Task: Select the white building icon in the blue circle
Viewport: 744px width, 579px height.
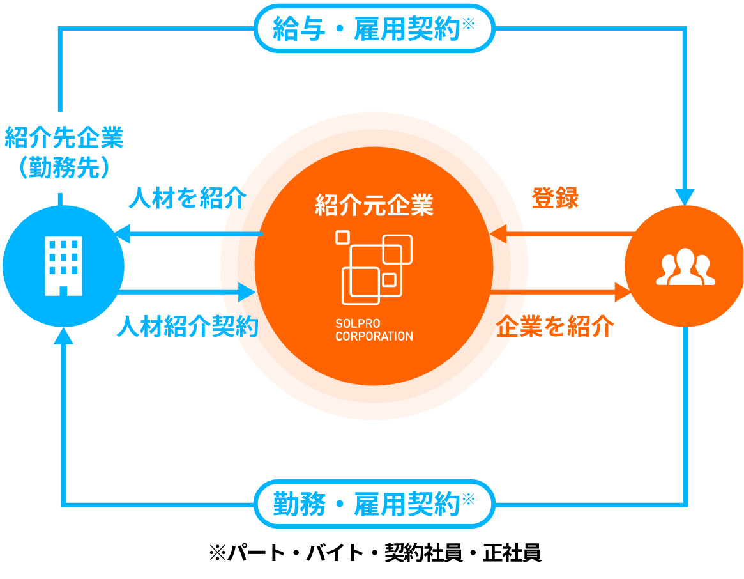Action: (x=64, y=265)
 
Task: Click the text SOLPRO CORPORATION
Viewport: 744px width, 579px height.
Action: (x=374, y=330)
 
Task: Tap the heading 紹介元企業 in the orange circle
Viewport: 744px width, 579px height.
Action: (x=374, y=205)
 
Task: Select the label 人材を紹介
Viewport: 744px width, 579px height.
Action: (x=187, y=199)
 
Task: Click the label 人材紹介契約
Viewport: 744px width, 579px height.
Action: (x=187, y=327)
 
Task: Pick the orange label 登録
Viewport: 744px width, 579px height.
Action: (x=555, y=199)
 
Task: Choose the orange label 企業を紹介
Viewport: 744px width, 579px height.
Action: (x=555, y=327)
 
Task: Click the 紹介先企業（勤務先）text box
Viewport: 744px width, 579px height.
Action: (x=64, y=152)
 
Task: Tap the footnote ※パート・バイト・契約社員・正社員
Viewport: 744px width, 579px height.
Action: (x=375, y=553)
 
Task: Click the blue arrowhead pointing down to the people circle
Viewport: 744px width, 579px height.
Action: (x=685, y=196)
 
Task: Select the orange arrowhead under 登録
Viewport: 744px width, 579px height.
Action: (x=499, y=234)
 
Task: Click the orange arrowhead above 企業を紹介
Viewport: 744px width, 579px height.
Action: (x=623, y=293)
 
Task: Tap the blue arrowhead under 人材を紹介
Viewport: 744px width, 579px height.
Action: (x=121, y=234)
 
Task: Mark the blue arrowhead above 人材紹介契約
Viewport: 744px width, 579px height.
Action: (x=248, y=293)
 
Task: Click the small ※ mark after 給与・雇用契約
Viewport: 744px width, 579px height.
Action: (x=468, y=24)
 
